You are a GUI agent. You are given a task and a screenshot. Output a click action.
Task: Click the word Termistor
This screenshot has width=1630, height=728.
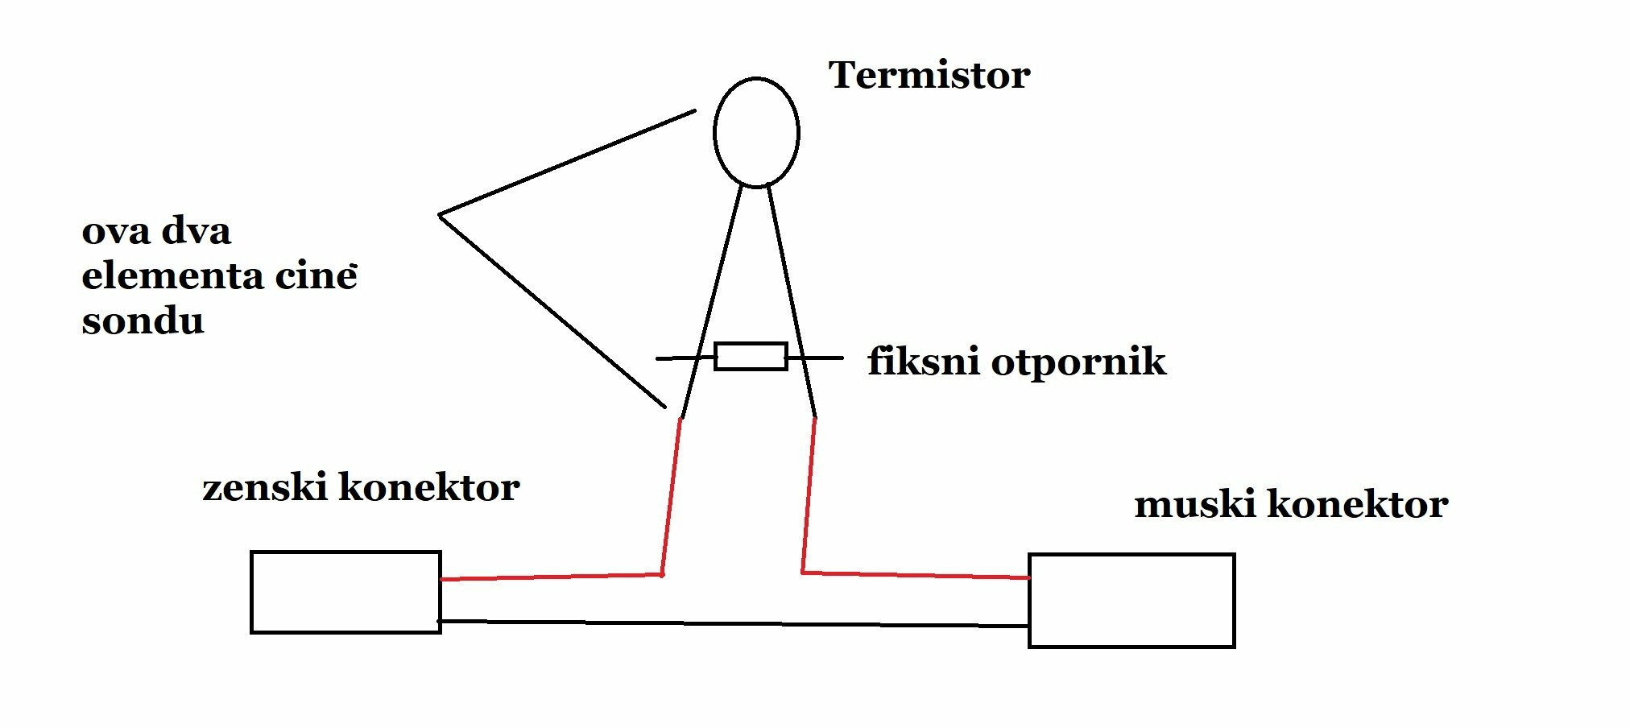(929, 76)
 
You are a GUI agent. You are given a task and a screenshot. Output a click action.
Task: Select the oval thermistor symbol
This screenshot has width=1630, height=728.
(756, 133)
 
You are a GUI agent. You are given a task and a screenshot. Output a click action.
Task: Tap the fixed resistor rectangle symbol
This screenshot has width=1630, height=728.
(751, 356)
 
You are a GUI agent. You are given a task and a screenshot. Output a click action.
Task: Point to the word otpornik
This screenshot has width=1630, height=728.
(1078, 362)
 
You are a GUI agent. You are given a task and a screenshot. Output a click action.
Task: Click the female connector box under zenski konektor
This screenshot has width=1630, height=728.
(345, 592)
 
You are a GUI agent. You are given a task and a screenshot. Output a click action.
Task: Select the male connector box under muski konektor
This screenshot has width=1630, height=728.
(1131, 600)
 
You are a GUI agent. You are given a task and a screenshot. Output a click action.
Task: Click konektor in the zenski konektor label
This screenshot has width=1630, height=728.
(429, 488)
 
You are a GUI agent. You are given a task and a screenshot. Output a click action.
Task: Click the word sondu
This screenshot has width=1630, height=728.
(143, 321)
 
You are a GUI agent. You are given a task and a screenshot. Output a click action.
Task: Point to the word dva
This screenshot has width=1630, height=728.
(197, 232)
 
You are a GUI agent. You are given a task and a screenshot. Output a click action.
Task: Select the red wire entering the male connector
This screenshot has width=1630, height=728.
(918, 575)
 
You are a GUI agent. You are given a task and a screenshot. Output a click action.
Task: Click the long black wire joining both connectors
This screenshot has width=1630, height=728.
(733, 623)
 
